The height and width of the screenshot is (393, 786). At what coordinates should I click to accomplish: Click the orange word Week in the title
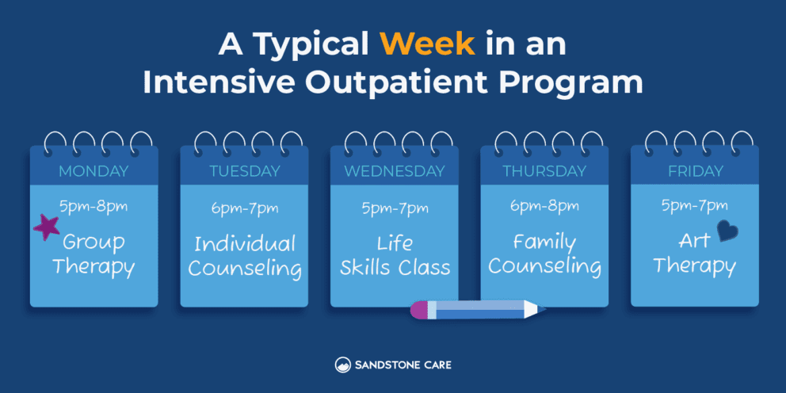pyautogui.click(x=428, y=45)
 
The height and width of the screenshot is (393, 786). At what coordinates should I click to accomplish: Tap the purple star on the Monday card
pyautogui.click(x=47, y=227)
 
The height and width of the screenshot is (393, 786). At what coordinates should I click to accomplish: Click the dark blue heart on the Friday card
pyautogui.click(x=727, y=231)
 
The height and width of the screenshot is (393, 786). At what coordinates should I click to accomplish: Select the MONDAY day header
pyautogui.click(x=93, y=171)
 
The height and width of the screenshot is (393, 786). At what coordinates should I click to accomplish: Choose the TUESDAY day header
pyautogui.click(x=244, y=171)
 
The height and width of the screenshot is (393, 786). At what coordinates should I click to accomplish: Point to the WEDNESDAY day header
pyautogui.click(x=394, y=171)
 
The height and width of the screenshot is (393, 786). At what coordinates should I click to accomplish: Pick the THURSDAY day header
pyautogui.click(x=544, y=171)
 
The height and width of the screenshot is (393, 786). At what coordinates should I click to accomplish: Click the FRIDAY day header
pyautogui.click(x=694, y=171)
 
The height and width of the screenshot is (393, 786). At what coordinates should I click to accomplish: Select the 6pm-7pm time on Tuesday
pyautogui.click(x=244, y=208)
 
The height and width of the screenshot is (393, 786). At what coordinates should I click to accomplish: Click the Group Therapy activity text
pyautogui.click(x=93, y=254)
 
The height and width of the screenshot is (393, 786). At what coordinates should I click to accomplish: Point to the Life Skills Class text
pyautogui.click(x=395, y=254)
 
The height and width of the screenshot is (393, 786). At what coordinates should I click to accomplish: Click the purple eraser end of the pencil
pyautogui.click(x=418, y=309)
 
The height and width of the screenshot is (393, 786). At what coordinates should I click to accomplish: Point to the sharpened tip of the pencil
pyautogui.click(x=541, y=309)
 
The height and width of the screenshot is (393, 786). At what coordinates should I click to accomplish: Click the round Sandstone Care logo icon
pyautogui.click(x=342, y=365)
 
